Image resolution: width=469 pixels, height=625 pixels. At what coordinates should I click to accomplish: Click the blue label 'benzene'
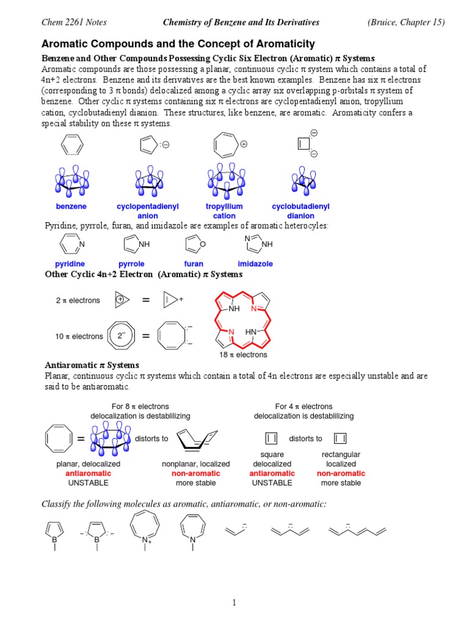[x=71, y=207]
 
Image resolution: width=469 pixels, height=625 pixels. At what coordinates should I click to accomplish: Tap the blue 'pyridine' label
[x=70, y=264]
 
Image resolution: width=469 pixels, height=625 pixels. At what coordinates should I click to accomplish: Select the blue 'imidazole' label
[x=255, y=264]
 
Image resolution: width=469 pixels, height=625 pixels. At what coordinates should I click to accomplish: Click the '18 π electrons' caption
[x=243, y=355]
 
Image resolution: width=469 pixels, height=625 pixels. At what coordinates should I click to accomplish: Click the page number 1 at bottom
[x=234, y=603]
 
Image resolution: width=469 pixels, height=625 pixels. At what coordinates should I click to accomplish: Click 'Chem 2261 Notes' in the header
[x=73, y=23]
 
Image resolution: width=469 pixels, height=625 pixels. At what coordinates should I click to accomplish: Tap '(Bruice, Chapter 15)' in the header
[x=405, y=23]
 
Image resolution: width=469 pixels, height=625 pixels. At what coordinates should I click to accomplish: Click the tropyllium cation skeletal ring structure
[x=228, y=145]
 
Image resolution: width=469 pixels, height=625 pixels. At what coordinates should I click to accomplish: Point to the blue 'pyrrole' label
[x=131, y=264]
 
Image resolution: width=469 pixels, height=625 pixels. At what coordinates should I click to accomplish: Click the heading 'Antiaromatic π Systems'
[x=92, y=365]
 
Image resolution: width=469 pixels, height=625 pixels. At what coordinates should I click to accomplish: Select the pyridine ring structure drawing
[x=71, y=244]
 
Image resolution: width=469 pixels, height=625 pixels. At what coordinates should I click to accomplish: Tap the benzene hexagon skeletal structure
[x=71, y=146]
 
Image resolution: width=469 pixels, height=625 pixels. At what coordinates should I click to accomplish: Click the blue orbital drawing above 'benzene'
[x=71, y=181]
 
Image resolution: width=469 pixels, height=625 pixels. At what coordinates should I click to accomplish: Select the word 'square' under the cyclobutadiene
[x=272, y=455]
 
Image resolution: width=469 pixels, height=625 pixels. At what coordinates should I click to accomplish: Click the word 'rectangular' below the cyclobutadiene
[x=341, y=455]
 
